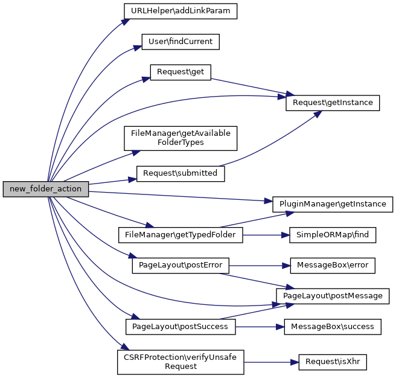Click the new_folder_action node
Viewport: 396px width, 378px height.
coord(46,188)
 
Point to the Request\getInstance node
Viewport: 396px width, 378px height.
coord(333,103)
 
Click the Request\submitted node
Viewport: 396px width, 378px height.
coord(180,173)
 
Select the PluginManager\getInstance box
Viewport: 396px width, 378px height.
coord(333,204)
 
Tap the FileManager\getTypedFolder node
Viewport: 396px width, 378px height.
coord(180,234)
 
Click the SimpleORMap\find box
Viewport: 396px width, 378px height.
coord(333,234)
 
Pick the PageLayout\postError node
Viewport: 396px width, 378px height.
coord(180,265)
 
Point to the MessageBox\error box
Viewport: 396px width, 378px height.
coord(333,265)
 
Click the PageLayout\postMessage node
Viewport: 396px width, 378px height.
coord(333,296)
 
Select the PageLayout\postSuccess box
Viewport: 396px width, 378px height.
coord(180,327)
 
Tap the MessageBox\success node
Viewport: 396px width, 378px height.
coord(333,327)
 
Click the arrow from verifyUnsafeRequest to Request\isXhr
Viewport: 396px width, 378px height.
coord(272,362)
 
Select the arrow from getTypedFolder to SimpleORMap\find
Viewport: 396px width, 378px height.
coord(266,234)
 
